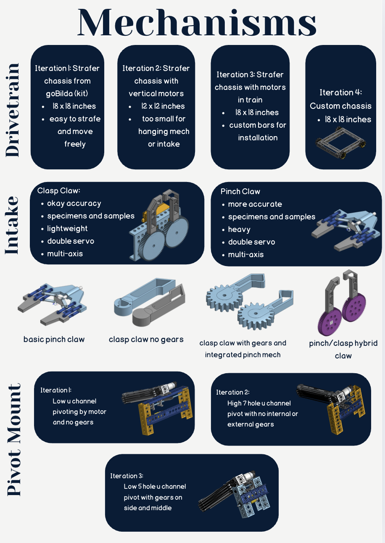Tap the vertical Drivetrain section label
coord(13,110)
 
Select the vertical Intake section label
coord(12,225)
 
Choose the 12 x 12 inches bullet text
coord(163,106)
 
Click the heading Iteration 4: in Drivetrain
coord(340,92)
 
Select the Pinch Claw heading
coord(240,192)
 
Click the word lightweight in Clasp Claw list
coord(67,229)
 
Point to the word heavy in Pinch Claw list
coord(239,229)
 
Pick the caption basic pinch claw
coord(54,339)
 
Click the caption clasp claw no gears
coord(146,339)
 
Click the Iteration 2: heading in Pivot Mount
coord(233,392)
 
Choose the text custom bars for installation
coord(257,131)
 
